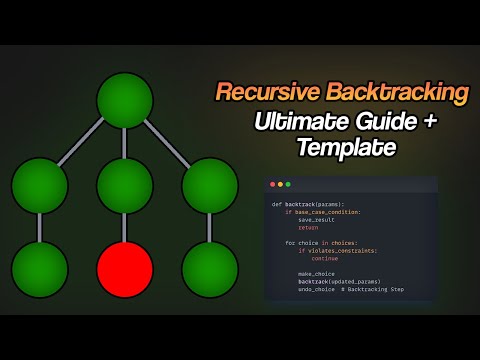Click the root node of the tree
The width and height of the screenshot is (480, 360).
pos(125,101)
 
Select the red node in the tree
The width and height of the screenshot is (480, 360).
pos(125,269)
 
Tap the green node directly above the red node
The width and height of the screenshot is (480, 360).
pos(125,186)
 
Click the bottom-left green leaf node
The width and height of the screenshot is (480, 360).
pos(40,269)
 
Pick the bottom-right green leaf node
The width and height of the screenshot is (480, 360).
pos(210,269)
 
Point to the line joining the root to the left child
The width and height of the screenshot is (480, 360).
pos(80,142)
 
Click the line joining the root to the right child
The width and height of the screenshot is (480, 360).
pos(170,142)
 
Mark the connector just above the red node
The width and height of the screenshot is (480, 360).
pos(125,227)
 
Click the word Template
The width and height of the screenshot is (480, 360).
pos(346,149)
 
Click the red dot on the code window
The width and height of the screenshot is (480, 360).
pos(272,185)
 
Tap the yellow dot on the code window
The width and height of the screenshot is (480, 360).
pos(280,185)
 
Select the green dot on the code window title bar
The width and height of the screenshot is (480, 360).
pos(288,185)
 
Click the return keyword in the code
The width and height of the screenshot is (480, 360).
pos(308,227)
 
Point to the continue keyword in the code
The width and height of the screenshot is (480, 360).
pos(324,258)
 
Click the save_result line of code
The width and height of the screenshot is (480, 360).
pos(316,219)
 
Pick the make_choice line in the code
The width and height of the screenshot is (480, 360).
pos(316,273)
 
